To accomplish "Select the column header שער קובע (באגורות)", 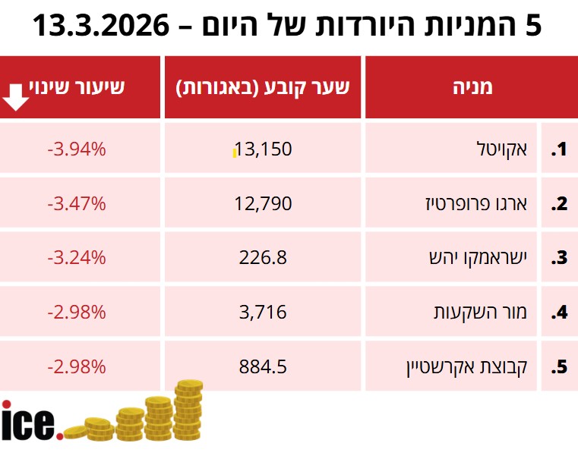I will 263,87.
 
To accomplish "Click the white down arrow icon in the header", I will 17,97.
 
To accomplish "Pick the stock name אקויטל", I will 506,149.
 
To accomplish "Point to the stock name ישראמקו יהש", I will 479,257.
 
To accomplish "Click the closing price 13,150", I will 263,149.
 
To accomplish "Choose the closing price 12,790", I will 263,203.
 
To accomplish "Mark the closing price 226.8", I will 263,257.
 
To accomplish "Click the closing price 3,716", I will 263,312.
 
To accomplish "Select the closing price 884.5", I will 263,366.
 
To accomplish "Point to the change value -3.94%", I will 76,149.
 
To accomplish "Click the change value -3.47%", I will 76,203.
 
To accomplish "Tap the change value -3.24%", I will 76,257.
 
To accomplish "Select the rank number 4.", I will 560,312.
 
